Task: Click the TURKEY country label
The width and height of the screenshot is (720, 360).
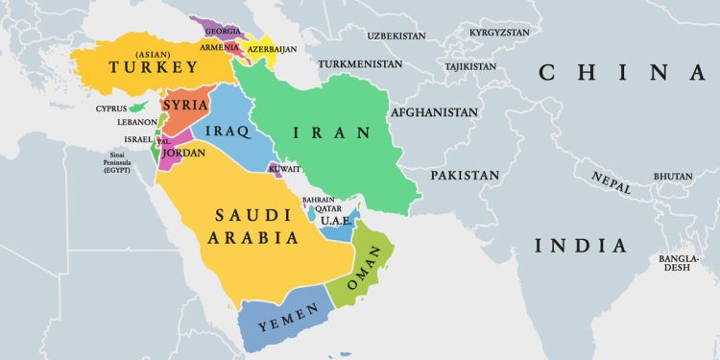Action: (154, 67)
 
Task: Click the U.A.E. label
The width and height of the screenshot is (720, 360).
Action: (337, 221)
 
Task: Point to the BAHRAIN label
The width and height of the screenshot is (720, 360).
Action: (317, 199)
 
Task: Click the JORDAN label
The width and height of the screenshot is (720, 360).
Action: (184, 152)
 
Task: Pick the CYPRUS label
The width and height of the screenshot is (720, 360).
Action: (111, 108)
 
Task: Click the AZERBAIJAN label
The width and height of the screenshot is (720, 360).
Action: (274, 47)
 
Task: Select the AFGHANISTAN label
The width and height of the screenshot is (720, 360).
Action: (434, 112)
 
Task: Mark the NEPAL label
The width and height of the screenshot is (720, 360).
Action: (611, 183)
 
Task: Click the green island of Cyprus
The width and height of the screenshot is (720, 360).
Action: (143, 103)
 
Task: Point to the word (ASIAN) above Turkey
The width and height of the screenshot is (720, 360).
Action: (154, 52)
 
